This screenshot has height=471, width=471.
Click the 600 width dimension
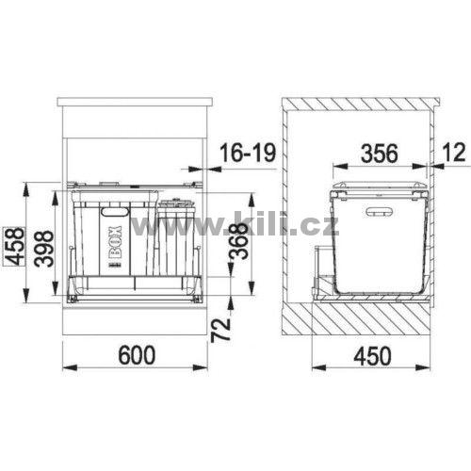137,355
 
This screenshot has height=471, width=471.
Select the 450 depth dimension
373,356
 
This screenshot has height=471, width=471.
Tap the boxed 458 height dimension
14,246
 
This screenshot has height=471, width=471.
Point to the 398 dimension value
43,249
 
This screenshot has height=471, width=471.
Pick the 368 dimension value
237,240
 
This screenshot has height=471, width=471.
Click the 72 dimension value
221,330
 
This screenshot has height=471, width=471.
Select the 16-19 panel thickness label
248,153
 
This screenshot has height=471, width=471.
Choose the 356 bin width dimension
380,154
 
